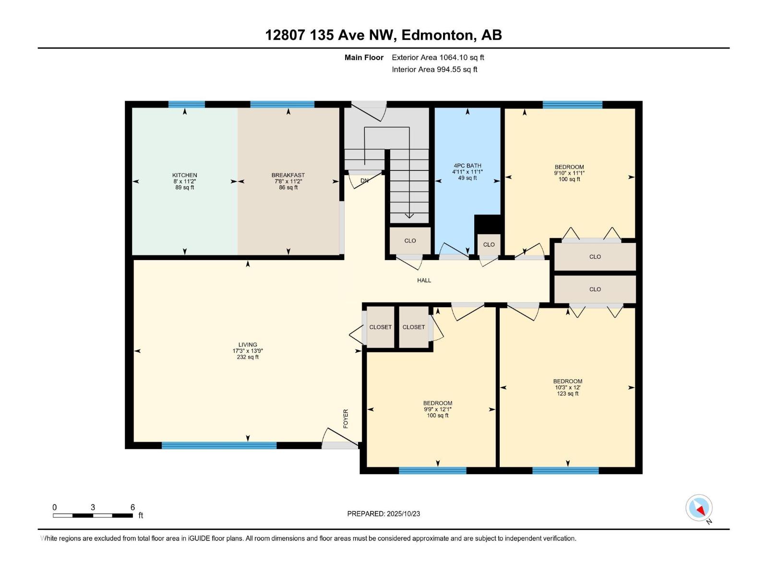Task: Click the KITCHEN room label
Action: [185, 175]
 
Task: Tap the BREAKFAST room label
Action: [288, 175]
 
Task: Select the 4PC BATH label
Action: [467, 166]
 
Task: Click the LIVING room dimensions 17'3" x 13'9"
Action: [248, 351]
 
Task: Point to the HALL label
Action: [424, 280]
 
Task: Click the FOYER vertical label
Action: [346, 419]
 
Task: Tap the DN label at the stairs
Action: [364, 181]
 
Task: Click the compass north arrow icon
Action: [699, 508]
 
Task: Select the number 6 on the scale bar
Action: [132, 507]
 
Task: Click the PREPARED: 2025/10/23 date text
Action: [384, 514]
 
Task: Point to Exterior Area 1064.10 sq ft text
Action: [438, 58]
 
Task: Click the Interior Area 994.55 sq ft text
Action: [434, 70]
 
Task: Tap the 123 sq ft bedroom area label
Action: [567, 394]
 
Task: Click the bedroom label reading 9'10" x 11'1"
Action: [569, 173]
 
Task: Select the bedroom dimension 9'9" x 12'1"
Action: [438, 409]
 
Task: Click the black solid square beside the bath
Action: [487, 224]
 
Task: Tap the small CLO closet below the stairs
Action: [410, 241]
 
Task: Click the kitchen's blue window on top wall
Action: [187, 104]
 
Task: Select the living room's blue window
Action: [219, 445]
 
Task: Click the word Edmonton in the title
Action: [437, 35]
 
